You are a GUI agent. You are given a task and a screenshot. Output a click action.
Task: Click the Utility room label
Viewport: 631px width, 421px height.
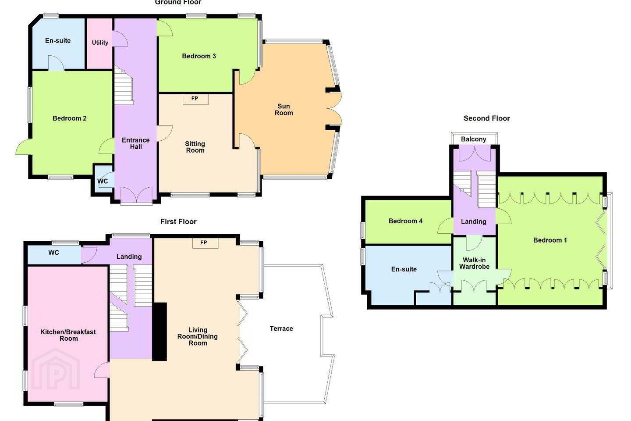pos(100,43)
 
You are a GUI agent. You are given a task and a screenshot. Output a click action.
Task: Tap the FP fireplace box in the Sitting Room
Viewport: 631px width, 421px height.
pos(195,99)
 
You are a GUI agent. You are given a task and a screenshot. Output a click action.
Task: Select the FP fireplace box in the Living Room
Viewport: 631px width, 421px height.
pos(205,243)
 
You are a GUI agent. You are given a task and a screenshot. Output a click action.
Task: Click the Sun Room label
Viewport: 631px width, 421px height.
pos(284,110)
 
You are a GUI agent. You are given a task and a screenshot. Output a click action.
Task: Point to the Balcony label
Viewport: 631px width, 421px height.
pos(474,139)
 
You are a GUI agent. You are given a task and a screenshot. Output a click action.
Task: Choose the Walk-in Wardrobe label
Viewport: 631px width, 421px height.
pos(475,264)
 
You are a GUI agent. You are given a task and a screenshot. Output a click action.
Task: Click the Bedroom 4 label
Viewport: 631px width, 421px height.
pos(405,221)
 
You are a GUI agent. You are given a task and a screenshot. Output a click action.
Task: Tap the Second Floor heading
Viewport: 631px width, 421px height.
pos(486,118)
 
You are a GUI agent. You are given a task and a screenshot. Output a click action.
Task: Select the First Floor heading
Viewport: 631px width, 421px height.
pos(178,221)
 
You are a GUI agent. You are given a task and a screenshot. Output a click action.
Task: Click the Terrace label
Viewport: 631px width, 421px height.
pos(281,328)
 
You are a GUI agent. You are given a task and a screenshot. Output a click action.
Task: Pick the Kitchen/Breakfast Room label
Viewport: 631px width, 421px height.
pos(68,335)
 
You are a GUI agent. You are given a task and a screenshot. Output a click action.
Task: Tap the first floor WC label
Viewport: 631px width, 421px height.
pos(53,253)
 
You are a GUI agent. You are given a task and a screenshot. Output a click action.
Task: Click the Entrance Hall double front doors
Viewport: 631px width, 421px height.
pos(137,195)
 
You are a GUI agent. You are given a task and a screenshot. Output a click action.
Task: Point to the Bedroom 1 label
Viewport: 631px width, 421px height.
pos(550,240)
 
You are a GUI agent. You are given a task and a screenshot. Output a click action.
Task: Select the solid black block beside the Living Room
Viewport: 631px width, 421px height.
pos(160,332)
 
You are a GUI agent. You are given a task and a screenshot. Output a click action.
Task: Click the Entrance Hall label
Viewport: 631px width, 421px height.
pos(136,143)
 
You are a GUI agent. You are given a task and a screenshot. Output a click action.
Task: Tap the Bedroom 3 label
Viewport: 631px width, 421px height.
pos(199,57)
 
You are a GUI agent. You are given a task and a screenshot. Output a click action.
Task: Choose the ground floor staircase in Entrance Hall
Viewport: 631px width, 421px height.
pos(124,85)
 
